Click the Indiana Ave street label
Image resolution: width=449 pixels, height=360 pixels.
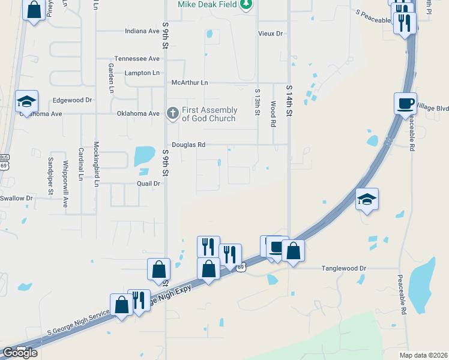point(142,31)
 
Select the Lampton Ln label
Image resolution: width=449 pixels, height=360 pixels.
point(142,73)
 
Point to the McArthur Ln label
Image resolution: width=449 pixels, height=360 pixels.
point(189,82)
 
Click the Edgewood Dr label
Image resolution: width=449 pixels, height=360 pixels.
point(72,100)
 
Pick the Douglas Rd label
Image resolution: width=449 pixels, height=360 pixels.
point(188,145)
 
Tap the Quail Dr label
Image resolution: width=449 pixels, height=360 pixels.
point(149,184)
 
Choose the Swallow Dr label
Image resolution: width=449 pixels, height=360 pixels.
point(16,198)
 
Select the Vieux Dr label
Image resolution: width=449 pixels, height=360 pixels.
point(270,34)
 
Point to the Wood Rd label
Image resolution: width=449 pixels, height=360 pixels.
point(273,113)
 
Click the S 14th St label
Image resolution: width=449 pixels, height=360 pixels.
point(289,97)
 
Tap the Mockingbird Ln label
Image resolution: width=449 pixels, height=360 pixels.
point(95,164)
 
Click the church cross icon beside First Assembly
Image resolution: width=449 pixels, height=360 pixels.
point(172,113)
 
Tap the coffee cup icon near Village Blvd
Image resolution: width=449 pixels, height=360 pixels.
point(405,103)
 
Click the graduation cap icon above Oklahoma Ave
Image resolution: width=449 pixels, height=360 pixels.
point(26,100)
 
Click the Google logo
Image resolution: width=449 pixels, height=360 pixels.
point(20,353)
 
